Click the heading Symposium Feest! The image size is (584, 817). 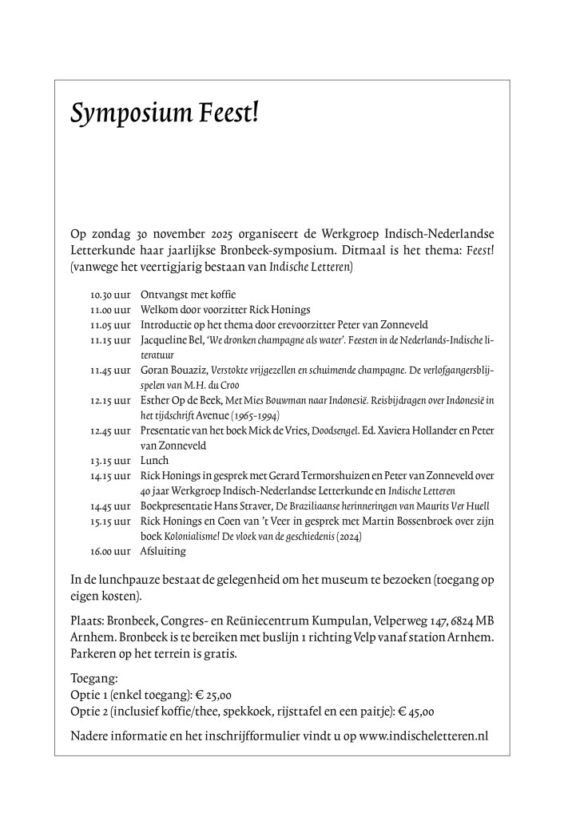point(165,115)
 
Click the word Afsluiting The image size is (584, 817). point(163,551)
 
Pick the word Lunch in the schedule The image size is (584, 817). point(154,461)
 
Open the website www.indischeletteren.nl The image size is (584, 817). point(423,736)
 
